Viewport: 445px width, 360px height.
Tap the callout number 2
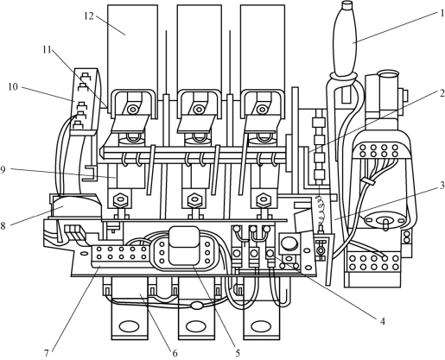(442, 93)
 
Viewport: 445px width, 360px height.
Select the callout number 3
(442, 186)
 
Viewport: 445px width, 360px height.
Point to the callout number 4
(383, 321)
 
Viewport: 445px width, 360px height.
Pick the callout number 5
(238, 353)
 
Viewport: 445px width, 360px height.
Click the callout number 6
(175, 353)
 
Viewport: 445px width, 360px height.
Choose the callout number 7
(47, 353)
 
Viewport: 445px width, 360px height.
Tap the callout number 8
(3, 225)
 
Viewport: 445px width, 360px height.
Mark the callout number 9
(3, 170)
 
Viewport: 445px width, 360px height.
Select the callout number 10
(13, 87)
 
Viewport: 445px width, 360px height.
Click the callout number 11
(47, 50)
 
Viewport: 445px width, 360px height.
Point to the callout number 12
(89, 16)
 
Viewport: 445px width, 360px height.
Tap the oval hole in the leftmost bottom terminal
(130, 326)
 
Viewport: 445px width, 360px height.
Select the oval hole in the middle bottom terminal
(196, 326)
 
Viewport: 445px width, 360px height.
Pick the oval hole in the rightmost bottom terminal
(261, 326)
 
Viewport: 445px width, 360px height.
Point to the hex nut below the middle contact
(194, 199)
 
